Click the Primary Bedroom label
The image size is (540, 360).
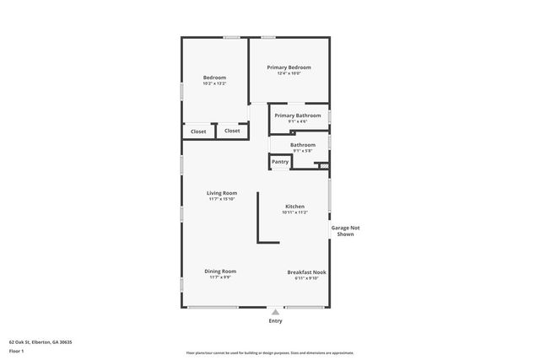pos(289,67)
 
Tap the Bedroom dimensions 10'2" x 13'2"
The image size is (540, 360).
pos(214,83)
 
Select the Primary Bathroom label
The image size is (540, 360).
pos(298,116)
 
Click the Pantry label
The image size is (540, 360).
pos(280,162)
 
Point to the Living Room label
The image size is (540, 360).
pos(222,193)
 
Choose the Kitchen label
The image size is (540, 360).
pos(294,207)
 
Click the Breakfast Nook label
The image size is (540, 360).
pos(307,272)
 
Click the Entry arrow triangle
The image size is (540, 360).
pos(275,312)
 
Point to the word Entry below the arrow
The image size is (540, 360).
pos(275,321)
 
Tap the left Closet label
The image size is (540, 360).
pos(198,132)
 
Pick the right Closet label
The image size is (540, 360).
pos(232,131)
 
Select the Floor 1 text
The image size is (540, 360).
pos(17,351)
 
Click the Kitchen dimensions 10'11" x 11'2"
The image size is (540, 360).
pos(294,212)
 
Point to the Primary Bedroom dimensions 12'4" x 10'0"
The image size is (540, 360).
pos(289,73)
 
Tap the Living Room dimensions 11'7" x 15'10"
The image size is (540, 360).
pos(222,199)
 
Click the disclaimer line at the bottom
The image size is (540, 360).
pos(269,353)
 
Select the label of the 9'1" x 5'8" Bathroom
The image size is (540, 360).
pos(303,145)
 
